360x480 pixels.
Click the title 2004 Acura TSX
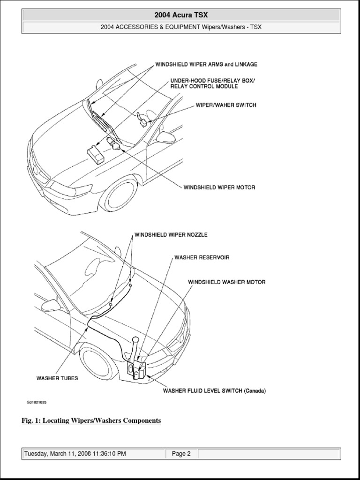(x=181, y=15)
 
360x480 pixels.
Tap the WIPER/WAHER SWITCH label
(x=226, y=105)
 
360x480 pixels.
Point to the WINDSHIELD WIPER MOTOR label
(x=219, y=187)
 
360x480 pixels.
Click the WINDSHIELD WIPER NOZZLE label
(x=171, y=234)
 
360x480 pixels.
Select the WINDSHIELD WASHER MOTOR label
(x=227, y=282)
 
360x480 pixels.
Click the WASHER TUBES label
(x=57, y=378)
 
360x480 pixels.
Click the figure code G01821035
(x=37, y=402)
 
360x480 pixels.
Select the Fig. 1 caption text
(x=91, y=421)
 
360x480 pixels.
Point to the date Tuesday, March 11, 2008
(x=75, y=454)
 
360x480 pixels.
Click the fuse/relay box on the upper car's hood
(x=96, y=154)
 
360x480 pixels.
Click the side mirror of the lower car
(x=51, y=305)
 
